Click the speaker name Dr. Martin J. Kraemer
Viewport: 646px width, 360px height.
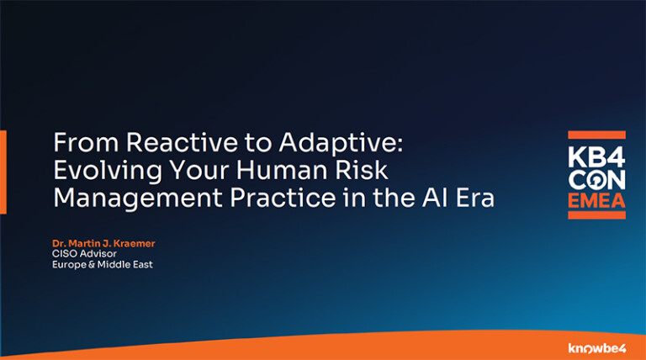coord(103,244)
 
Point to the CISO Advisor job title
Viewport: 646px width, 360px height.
coord(82,254)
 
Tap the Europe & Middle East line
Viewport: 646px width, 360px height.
coord(102,265)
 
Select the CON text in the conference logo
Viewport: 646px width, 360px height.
coord(596,180)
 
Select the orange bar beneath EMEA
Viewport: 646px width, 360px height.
coord(596,215)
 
